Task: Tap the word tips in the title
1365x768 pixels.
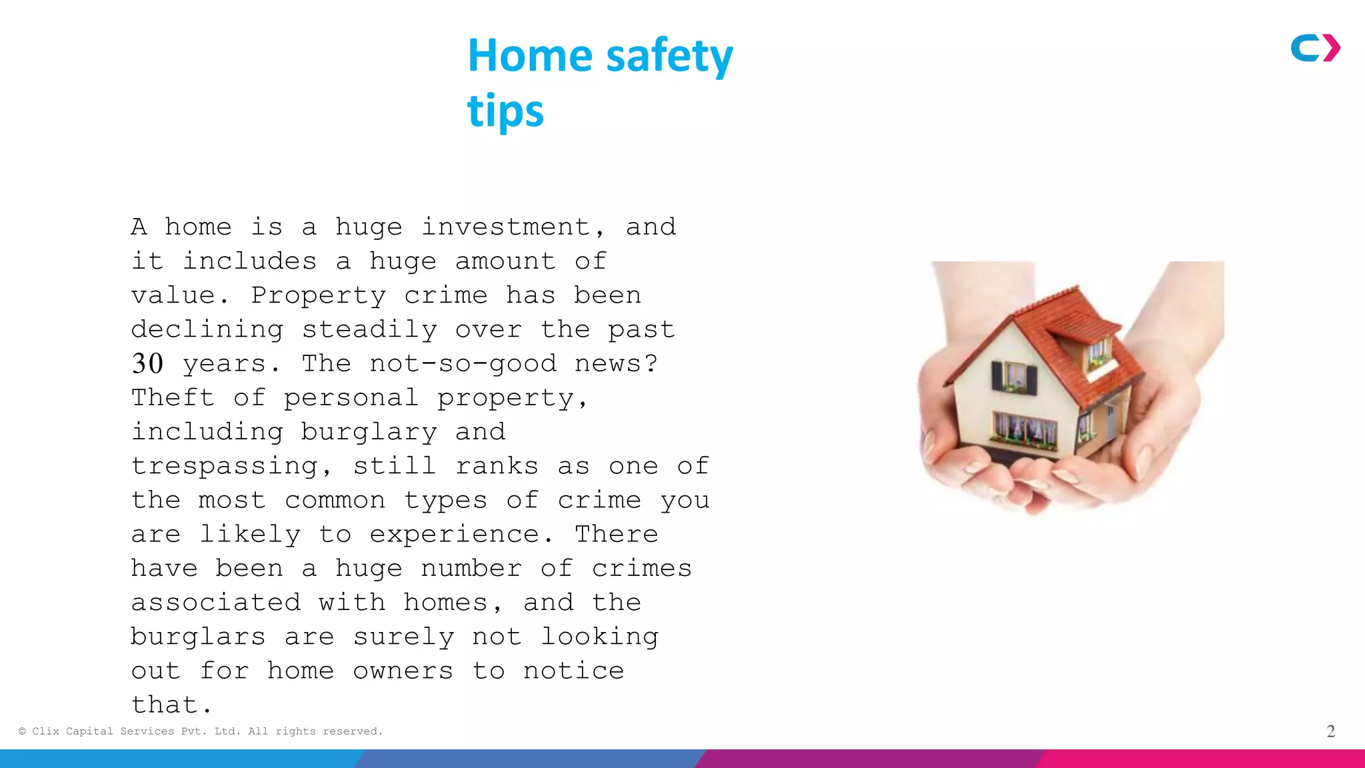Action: tap(505, 111)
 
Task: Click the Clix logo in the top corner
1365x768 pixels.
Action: tap(1315, 48)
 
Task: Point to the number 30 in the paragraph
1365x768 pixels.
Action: tap(147, 364)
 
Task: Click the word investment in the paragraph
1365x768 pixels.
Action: tap(505, 227)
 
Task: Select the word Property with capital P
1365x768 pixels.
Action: tap(318, 296)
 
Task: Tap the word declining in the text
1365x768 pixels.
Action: tap(207, 330)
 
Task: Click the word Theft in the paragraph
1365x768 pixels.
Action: tap(173, 398)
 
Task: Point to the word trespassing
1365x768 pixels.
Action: tap(224, 467)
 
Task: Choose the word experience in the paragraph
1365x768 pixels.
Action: tap(455, 535)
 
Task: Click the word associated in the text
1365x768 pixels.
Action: tap(215, 603)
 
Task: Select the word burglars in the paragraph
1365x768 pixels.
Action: tap(198, 637)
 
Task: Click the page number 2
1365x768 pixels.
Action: tap(1330, 731)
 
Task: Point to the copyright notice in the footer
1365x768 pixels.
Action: tap(201, 731)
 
